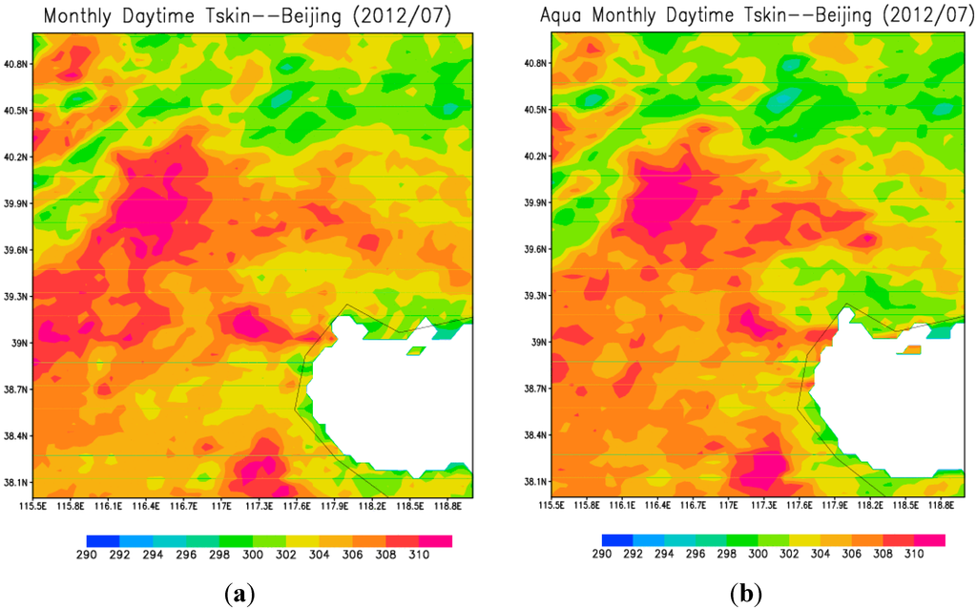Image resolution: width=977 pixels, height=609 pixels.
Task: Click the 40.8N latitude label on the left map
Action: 17,64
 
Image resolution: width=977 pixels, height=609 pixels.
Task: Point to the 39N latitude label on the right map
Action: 537,342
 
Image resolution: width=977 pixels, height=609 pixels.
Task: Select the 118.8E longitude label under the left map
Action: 448,505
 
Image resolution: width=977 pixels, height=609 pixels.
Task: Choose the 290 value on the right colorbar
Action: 601,554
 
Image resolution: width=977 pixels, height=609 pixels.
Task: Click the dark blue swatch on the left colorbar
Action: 103,541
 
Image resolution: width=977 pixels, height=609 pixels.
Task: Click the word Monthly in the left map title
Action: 79,15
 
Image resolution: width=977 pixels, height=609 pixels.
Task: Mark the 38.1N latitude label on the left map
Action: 17,482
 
